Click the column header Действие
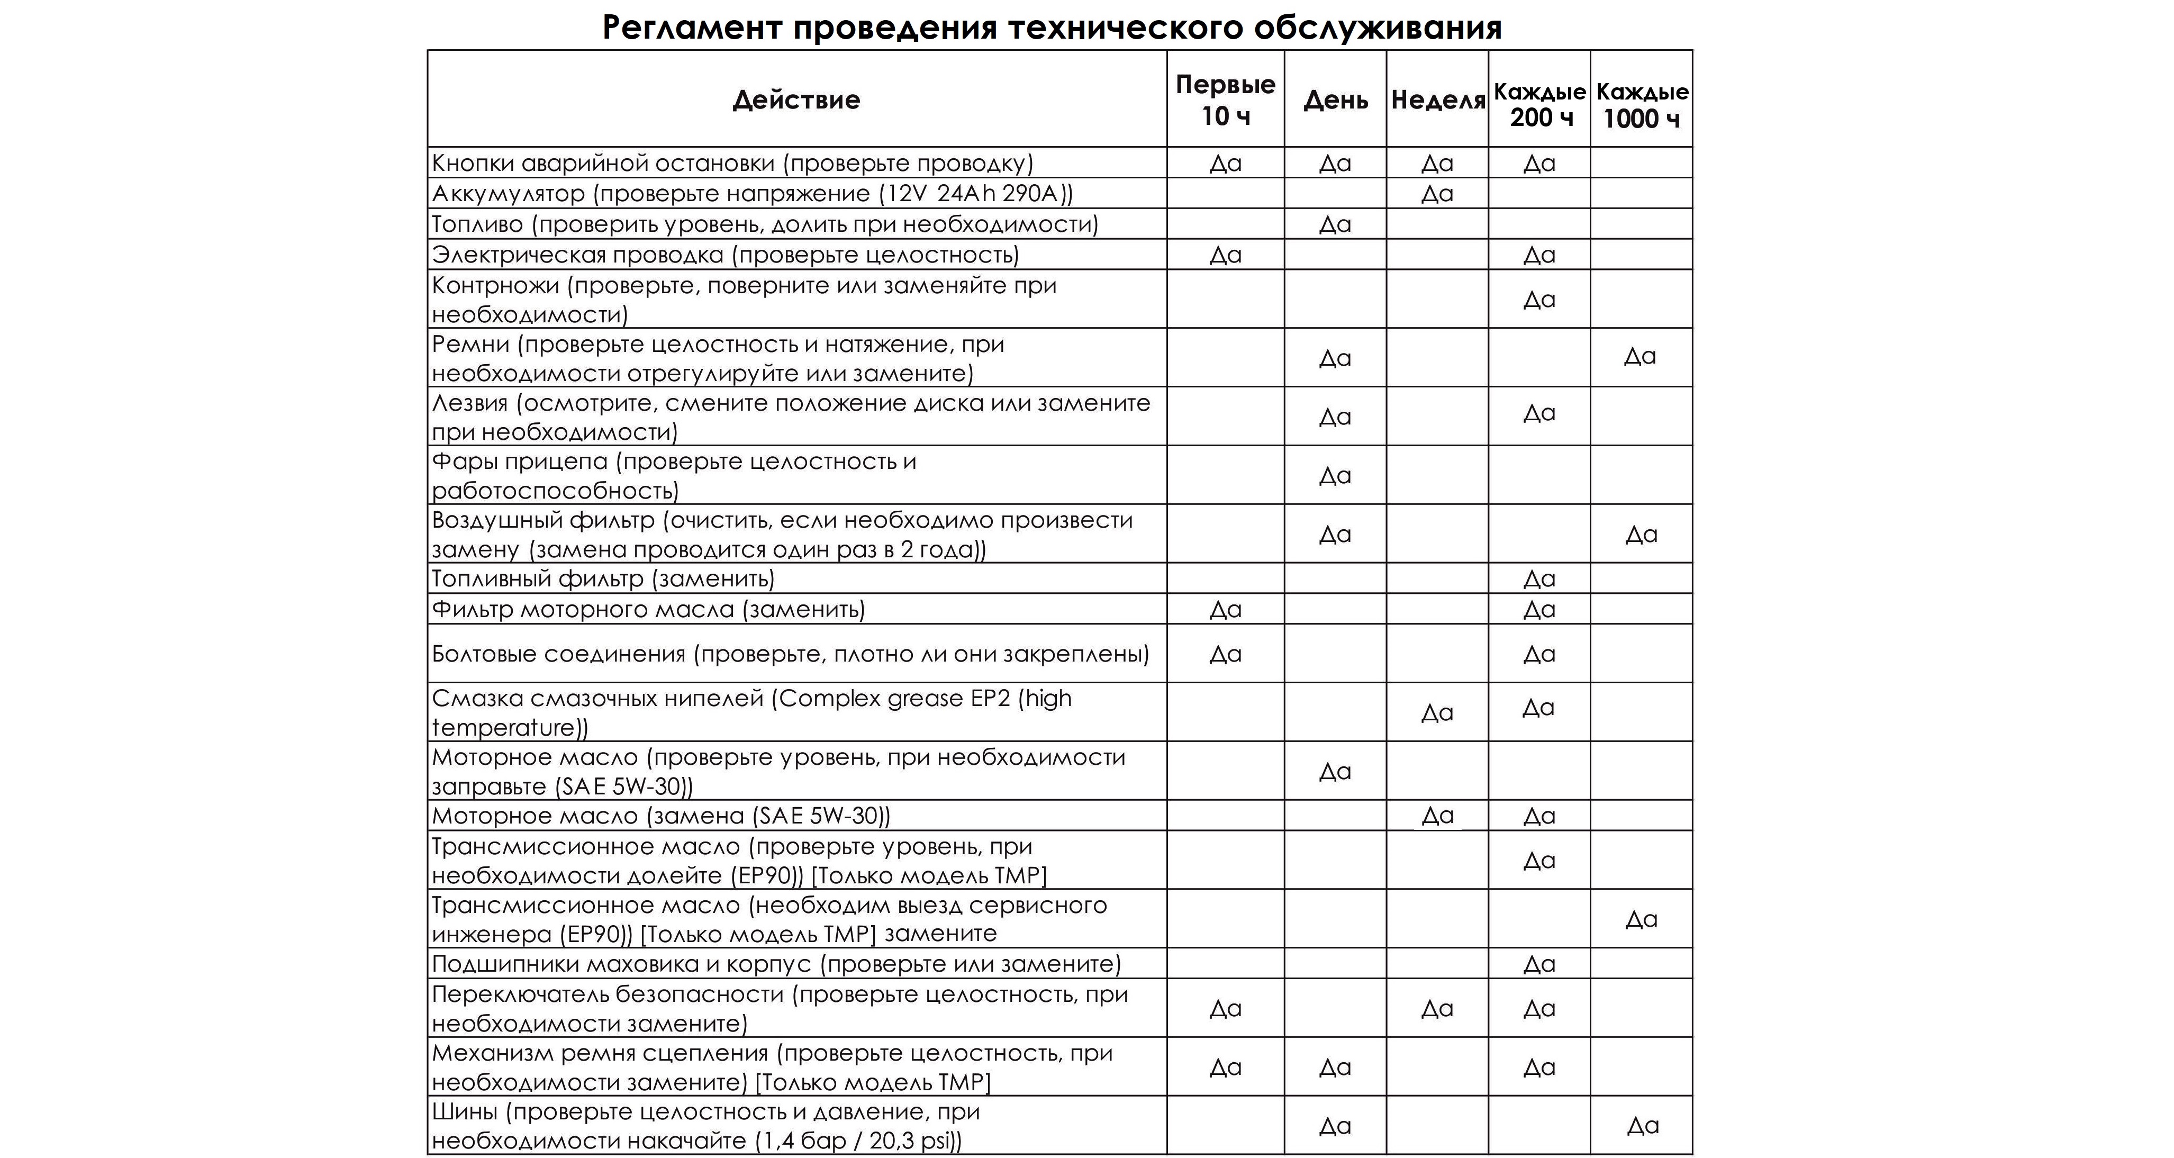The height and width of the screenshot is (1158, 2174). click(796, 99)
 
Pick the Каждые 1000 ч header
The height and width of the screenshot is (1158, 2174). click(1642, 105)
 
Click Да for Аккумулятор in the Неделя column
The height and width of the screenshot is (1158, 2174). click(1437, 193)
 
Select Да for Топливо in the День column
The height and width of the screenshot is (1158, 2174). click(1335, 224)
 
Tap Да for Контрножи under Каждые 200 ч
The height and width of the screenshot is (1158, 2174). click(1539, 300)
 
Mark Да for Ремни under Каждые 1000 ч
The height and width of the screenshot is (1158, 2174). click(1640, 356)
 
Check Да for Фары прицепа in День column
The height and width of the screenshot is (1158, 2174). click(1335, 476)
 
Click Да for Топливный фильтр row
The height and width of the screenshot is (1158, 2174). click(1539, 579)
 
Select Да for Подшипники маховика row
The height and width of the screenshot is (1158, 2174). click(1539, 964)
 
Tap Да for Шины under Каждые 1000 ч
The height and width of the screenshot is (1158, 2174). click(1642, 1125)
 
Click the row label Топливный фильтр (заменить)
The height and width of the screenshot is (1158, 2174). click(603, 579)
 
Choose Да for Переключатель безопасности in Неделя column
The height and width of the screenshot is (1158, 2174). click(1437, 1009)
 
